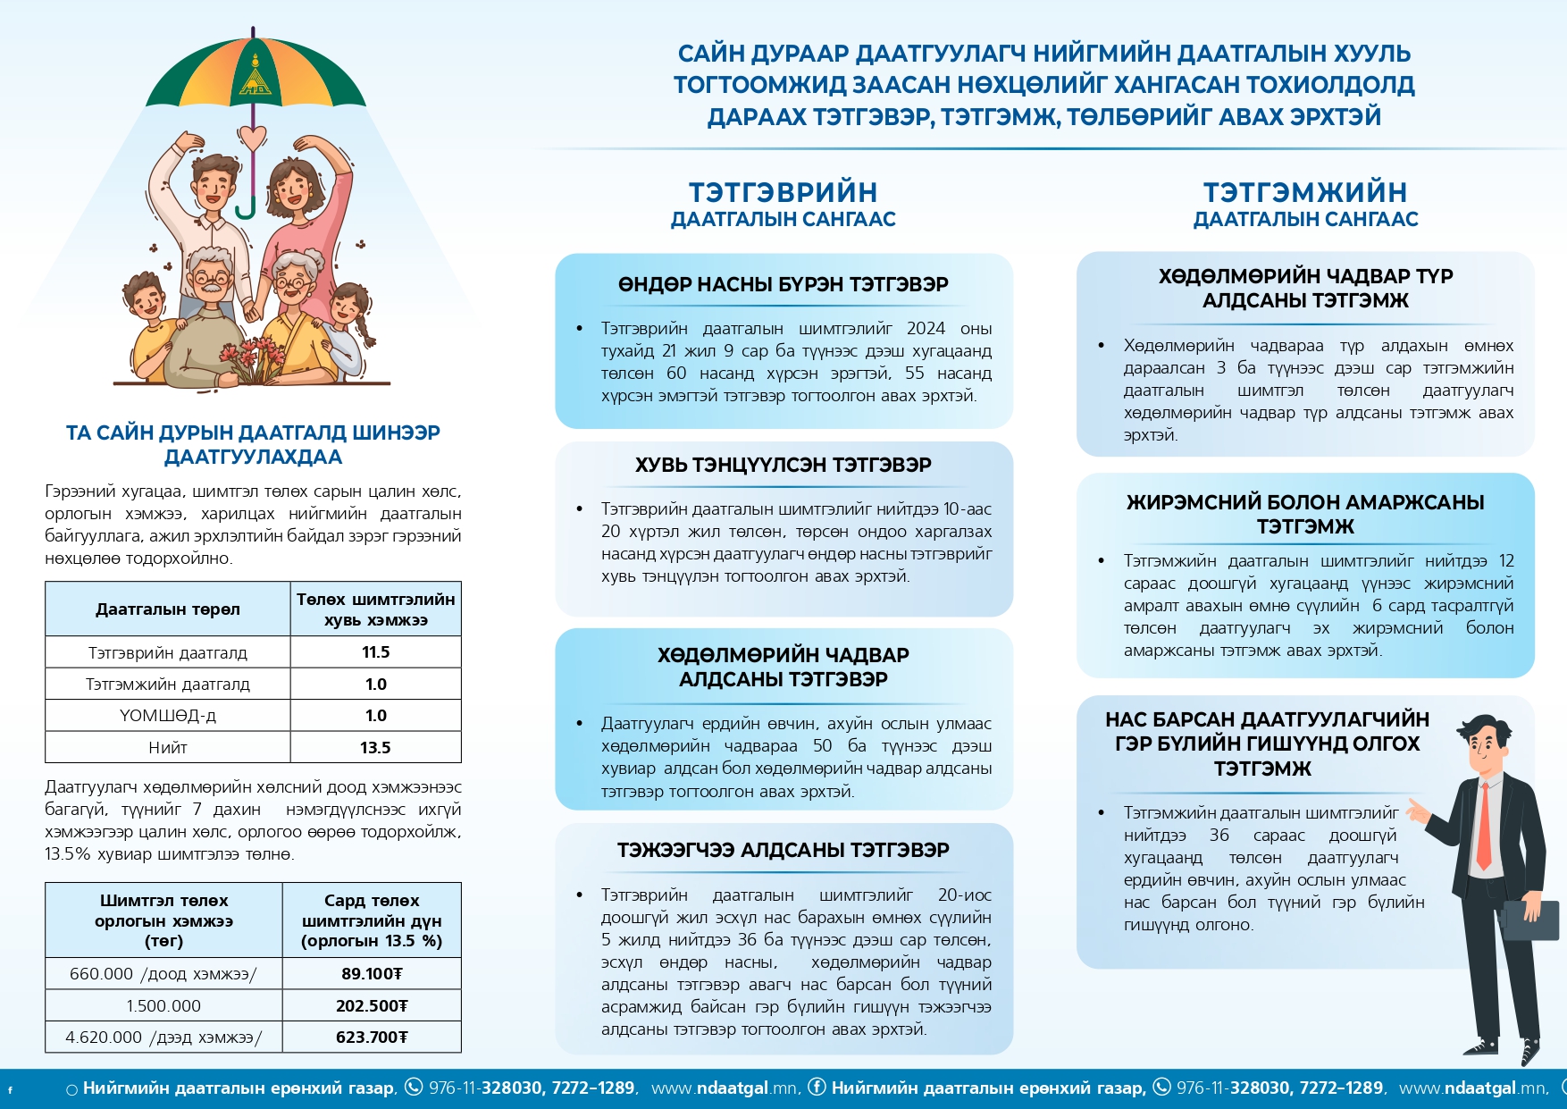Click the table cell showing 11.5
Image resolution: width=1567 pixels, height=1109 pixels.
point(375,652)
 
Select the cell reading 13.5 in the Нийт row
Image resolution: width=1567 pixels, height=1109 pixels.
point(375,747)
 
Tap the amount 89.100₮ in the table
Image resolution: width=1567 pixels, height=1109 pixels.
point(372,973)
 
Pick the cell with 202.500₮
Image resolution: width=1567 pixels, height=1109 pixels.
point(372,1005)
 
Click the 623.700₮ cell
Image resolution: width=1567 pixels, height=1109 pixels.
point(372,1037)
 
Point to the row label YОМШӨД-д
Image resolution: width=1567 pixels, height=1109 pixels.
point(168,715)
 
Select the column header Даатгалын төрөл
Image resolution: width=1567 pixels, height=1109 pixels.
point(168,609)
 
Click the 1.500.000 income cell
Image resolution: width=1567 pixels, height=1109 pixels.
point(163,1005)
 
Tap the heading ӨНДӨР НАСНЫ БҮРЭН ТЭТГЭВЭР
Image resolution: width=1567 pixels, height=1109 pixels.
point(783,284)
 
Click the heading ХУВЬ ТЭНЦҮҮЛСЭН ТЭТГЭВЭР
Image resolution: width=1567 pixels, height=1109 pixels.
point(783,465)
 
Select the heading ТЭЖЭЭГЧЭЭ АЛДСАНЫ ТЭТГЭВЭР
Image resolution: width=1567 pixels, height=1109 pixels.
point(783,850)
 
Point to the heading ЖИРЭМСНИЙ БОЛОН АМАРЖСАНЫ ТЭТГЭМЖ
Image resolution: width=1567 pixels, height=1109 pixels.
point(1305,514)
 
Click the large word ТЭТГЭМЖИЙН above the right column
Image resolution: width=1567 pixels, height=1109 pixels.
point(1305,192)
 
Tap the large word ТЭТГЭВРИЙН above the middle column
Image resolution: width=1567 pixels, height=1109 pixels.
point(783,192)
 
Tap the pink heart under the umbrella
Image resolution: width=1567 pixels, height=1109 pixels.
point(254,138)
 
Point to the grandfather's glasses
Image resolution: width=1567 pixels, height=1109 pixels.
point(211,280)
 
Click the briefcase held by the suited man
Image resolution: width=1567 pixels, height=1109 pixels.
point(1530,920)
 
